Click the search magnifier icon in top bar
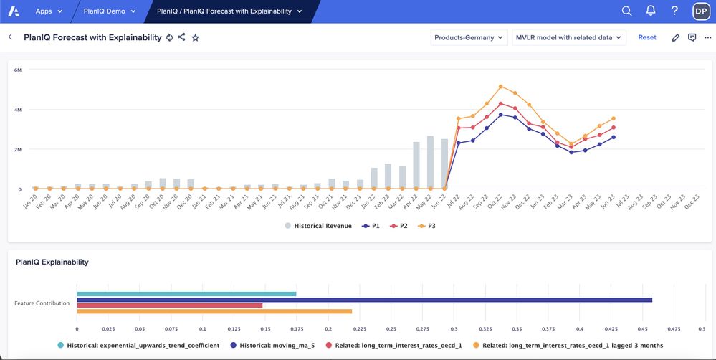(x=626, y=11)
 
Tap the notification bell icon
(x=651, y=11)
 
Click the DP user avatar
(x=700, y=11)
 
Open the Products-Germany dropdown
(x=469, y=37)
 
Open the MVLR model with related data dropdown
(x=569, y=37)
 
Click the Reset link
(x=646, y=37)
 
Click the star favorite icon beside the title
(x=195, y=37)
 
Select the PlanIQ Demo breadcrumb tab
(x=109, y=11)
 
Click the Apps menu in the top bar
(x=49, y=11)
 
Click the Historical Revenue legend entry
(x=318, y=226)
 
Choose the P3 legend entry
(x=426, y=226)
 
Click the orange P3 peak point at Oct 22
(x=501, y=87)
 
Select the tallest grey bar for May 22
(x=430, y=163)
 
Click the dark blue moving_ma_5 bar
(x=364, y=300)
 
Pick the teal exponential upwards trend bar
(x=186, y=293)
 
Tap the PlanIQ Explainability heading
(x=52, y=262)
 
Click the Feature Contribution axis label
(x=42, y=303)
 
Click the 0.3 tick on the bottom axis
(x=454, y=328)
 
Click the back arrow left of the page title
(x=10, y=37)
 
